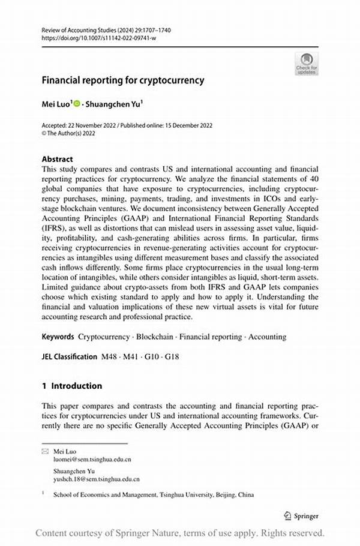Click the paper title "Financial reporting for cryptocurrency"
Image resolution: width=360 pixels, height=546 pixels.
pos(123,80)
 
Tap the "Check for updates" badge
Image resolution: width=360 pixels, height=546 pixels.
pos(307,63)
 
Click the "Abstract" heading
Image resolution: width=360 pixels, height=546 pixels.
pos(57,159)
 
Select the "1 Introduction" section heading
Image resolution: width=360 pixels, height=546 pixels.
pos(72,386)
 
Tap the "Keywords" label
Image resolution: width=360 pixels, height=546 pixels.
pos(58,337)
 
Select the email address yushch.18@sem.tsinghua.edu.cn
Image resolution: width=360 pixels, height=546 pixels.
pos(96,479)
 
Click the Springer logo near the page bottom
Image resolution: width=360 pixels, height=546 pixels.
pos(301,516)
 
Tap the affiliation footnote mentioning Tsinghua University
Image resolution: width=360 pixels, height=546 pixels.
pos(153,495)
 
